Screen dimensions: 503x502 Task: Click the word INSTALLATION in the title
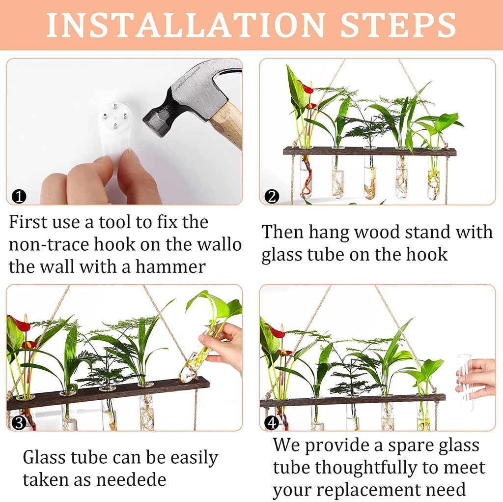coord(186,25)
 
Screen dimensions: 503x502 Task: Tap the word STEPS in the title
coord(398,25)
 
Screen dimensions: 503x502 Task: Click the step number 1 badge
coord(19,197)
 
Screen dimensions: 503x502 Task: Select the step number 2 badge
coord(272,197)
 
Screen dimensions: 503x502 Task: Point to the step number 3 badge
coord(19,423)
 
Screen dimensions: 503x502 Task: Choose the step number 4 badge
coord(272,423)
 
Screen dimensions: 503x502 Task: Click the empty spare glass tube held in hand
coord(465,382)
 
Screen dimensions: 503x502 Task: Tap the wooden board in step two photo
coord(369,151)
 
